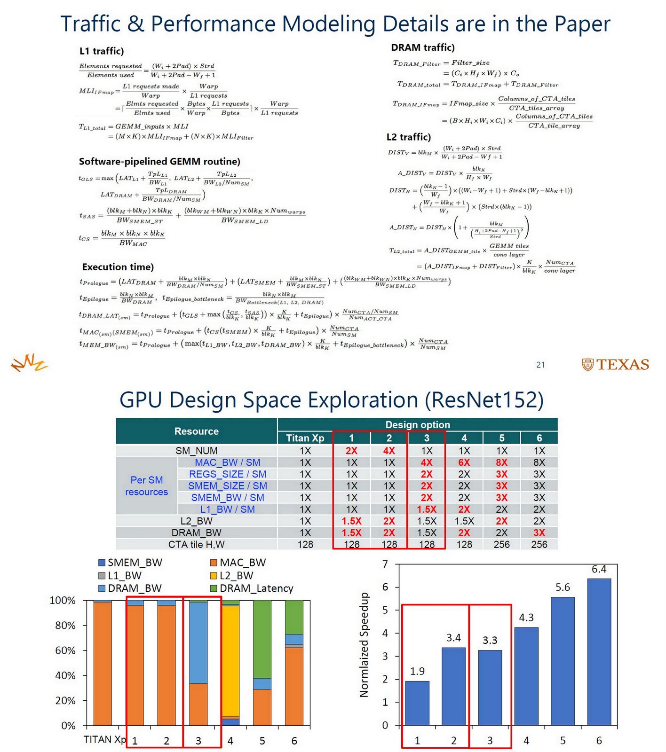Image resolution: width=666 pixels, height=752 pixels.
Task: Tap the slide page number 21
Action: (540, 365)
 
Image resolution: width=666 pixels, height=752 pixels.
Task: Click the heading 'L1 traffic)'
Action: (102, 51)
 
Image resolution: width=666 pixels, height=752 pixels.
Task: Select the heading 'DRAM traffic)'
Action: (422, 47)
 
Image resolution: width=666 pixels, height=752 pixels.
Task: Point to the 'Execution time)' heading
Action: (118, 267)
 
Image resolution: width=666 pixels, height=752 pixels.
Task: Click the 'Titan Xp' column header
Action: (305, 438)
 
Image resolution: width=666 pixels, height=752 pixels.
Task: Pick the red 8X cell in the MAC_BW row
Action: (501, 462)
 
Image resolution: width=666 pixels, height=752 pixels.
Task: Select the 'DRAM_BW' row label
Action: (196, 533)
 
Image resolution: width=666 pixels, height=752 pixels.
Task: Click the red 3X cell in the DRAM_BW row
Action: (539, 533)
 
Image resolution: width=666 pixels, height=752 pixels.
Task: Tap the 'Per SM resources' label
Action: (146, 486)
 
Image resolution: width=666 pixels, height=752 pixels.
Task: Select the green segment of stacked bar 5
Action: (262, 639)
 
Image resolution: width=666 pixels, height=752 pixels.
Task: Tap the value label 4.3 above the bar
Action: (526, 618)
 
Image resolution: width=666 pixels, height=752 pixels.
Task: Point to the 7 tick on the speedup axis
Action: (385, 564)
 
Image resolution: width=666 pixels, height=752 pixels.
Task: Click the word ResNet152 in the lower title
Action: (484, 400)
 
